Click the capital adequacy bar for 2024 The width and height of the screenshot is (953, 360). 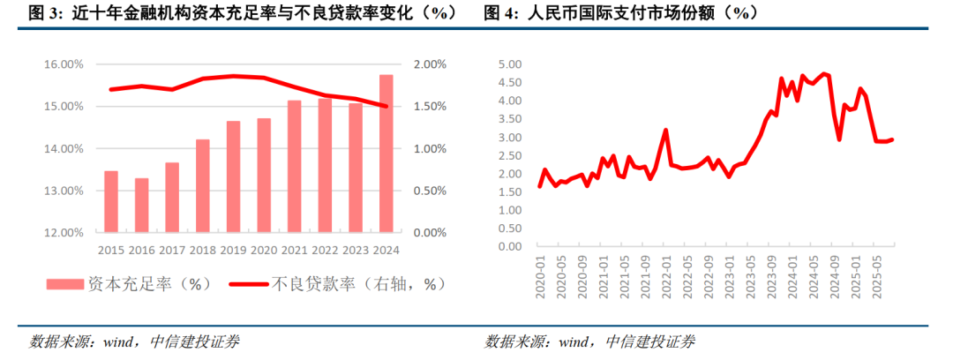pos(386,154)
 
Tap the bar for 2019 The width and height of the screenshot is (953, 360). pos(233,176)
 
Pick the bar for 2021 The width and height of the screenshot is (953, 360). pos(294,167)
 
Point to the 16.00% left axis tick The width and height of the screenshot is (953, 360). pos(64,64)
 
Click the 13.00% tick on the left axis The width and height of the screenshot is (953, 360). pos(64,191)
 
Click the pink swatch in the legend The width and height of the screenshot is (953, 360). pos(66,284)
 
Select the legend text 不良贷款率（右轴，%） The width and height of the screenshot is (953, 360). pos(356,284)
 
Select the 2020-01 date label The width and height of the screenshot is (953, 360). pos(540,278)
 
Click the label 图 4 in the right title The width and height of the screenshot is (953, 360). pos(499,13)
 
